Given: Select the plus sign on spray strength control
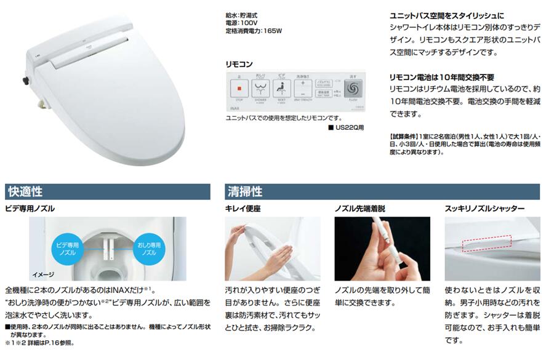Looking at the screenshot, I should (x=303, y=83).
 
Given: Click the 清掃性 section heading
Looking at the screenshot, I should (x=245, y=191).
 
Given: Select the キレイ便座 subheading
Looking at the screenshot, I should (x=243, y=209).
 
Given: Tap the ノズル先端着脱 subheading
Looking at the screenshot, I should (x=359, y=209).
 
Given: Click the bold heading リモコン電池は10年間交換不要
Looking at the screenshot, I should (x=442, y=77).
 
